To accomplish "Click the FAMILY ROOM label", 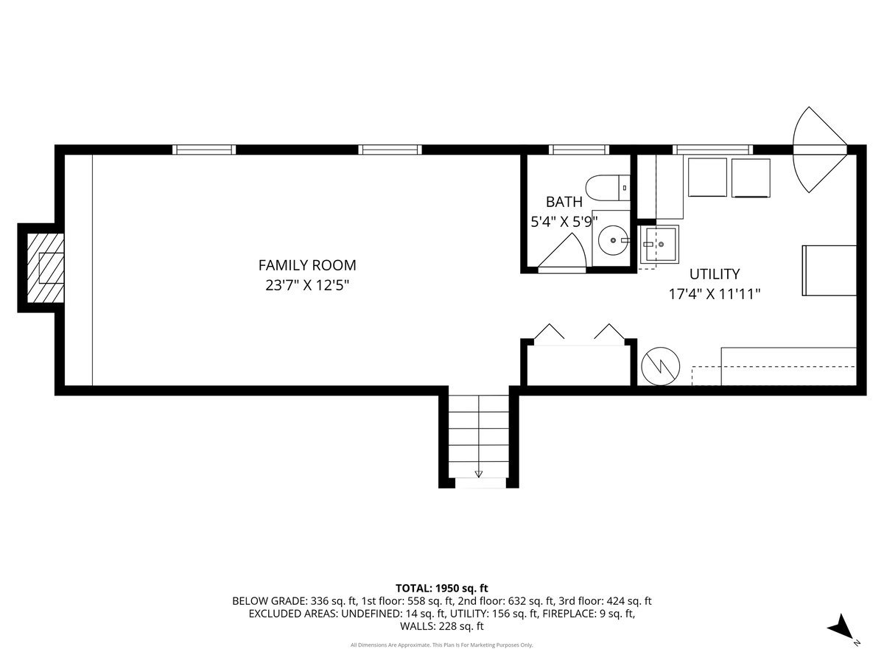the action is [x=307, y=265].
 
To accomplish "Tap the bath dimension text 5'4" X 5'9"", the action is [x=564, y=222].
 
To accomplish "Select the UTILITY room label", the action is [x=715, y=274].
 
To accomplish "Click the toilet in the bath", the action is [x=608, y=188].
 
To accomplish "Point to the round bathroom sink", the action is [x=613, y=240].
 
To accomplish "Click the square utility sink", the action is [x=658, y=244].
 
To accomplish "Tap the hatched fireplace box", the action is [x=46, y=267].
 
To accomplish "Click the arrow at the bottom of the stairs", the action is [x=478, y=474].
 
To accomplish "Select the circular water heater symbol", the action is [x=661, y=366].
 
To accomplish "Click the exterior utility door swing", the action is [x=820, y=150].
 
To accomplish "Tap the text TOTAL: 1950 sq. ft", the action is [x=442, y=588].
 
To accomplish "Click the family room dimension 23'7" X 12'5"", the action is [x=307, y=285].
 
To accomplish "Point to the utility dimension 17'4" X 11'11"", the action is [x=715, y=294].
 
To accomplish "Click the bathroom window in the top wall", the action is [x=579, y=150].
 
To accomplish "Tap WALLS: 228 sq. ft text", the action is [x=442, y=626].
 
